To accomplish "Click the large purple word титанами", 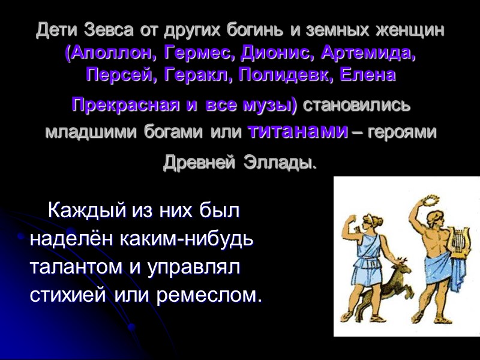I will coord(297,130).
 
